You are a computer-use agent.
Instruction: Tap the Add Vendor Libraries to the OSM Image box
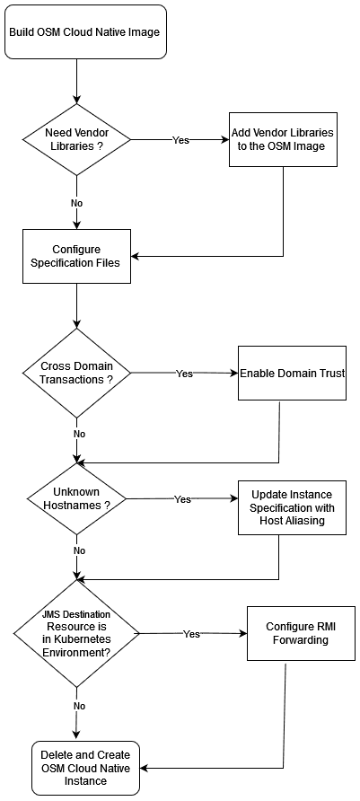(283, 139)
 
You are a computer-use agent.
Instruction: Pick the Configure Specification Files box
(76, 256)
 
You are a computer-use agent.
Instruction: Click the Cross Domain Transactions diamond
(76, 373)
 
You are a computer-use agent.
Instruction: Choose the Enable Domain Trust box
(292, 373)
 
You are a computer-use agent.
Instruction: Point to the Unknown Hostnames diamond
(76, 498)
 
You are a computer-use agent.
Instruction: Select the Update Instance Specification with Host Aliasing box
(292, 507)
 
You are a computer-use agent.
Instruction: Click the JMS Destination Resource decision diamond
(76, 633)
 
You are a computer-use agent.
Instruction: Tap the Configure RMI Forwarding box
(297, 633)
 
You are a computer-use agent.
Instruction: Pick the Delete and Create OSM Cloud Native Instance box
(85, 768)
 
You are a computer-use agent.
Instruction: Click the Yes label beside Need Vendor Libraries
(180, 140)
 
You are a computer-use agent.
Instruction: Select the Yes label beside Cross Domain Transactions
(184, 374)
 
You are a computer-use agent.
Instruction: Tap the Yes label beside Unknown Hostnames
(182, 499)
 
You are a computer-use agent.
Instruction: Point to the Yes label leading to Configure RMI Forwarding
(191, 634)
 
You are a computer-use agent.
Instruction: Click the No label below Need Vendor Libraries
(76, 203)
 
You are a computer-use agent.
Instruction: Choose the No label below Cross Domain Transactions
(79, 433)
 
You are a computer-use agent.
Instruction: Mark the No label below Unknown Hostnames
(79, 550)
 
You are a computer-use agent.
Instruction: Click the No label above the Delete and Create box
(79, 706)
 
